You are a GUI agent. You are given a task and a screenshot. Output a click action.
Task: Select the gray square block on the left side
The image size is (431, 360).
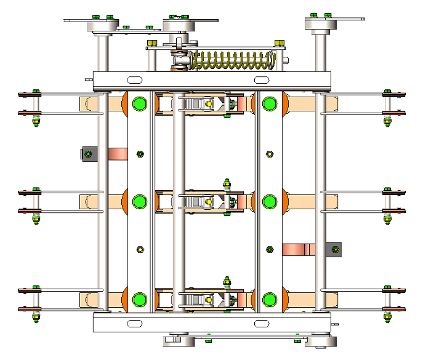point(89,153)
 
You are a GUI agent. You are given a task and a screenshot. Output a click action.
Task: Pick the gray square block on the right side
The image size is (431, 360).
point(334,249)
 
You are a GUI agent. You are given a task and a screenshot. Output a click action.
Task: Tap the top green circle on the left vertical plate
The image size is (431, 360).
point(140,103)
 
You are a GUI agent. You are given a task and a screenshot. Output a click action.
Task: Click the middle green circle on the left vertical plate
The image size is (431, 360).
point(140,201)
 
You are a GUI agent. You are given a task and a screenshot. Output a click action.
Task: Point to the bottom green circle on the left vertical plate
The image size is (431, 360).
point(140,300)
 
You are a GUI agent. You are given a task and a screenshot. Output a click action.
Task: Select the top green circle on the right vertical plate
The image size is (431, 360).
point(269,103)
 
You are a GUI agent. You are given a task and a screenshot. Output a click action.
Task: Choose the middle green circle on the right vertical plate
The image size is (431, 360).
point(269,201)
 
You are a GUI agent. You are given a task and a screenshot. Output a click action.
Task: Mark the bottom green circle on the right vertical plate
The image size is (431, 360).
point(269,300)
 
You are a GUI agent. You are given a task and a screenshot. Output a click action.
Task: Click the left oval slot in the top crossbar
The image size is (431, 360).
point(132,80)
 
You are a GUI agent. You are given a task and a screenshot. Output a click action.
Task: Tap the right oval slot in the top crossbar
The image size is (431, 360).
point(261,80)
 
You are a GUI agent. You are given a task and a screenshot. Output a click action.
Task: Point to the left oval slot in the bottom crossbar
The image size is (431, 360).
point(134,323)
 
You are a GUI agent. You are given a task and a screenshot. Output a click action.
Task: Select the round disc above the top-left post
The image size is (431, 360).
point(102,26)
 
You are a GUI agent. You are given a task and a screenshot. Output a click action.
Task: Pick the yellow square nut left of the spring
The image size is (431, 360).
point(152,42)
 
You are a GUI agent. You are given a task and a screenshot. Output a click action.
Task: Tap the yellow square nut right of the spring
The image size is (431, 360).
point(279,42)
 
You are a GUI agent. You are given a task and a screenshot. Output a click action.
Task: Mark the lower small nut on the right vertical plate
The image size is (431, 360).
point(269,249)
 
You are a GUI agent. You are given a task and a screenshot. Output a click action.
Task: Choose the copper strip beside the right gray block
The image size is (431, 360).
point(299,249)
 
